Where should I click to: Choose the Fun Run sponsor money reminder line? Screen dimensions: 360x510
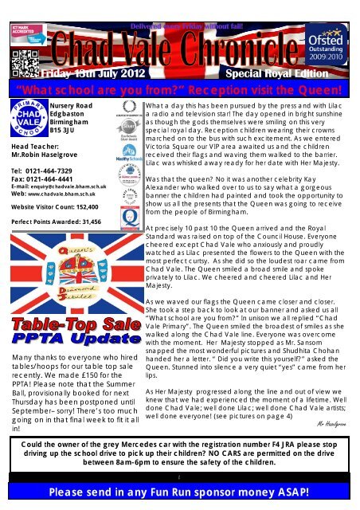[179, 498]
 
